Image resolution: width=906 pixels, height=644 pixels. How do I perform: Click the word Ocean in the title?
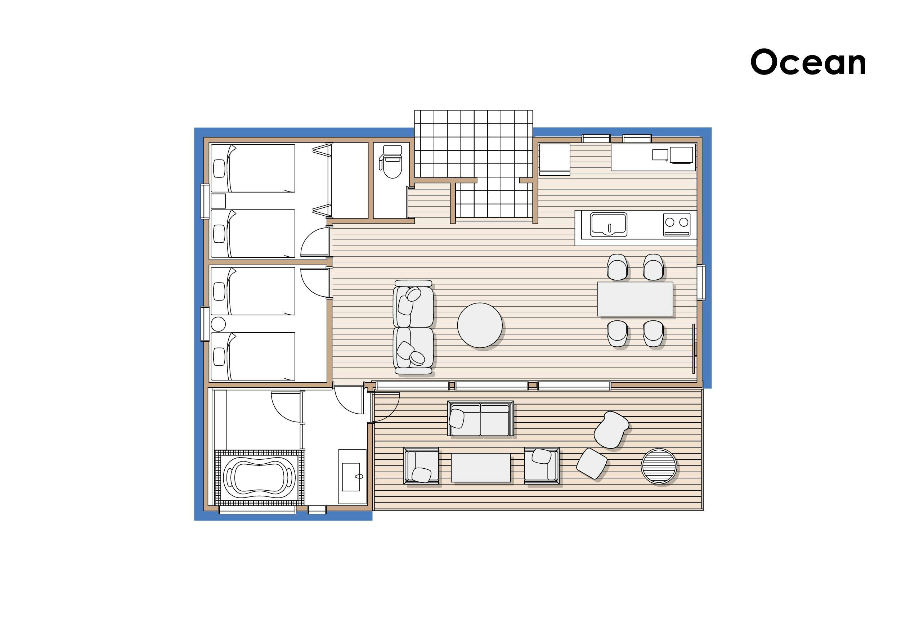click(x=808, y=62)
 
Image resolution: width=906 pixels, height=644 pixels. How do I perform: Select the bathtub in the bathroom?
click(x=260, y=477)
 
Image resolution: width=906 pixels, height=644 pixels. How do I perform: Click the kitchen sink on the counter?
click(x=608, y=225)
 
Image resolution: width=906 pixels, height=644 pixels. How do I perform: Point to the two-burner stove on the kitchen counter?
click(x=676, y=225)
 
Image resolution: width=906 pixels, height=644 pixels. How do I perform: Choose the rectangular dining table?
click(x=635, y=299)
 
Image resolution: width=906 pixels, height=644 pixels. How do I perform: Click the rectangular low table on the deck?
click(x=481, y=468)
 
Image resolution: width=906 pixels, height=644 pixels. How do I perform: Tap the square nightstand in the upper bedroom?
click(x=218, y=201)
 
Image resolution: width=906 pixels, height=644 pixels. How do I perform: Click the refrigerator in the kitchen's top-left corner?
click(x=554, y=159)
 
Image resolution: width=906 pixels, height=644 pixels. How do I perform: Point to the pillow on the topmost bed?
click(x=219, y=168)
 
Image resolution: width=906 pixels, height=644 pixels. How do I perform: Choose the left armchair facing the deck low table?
click(x=421, y=466)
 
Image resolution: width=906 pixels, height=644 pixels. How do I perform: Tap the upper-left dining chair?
click(x=618, y=267)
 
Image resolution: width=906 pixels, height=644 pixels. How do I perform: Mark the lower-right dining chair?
click(x=653, y=333)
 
